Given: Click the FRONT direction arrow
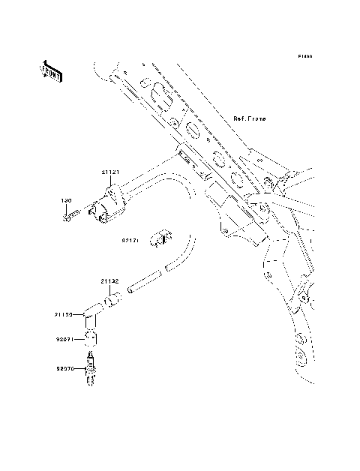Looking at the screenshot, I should coord(52,70).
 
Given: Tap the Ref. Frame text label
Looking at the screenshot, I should coord(250,119).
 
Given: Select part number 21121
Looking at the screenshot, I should coord(110,172).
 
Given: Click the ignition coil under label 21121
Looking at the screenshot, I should coord(108,208).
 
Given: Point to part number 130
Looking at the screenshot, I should coord(65,201).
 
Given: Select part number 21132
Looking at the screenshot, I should coord(110,281).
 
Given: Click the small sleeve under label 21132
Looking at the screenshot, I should coord(112,302).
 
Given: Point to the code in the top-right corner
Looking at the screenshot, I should coord(304,57).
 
